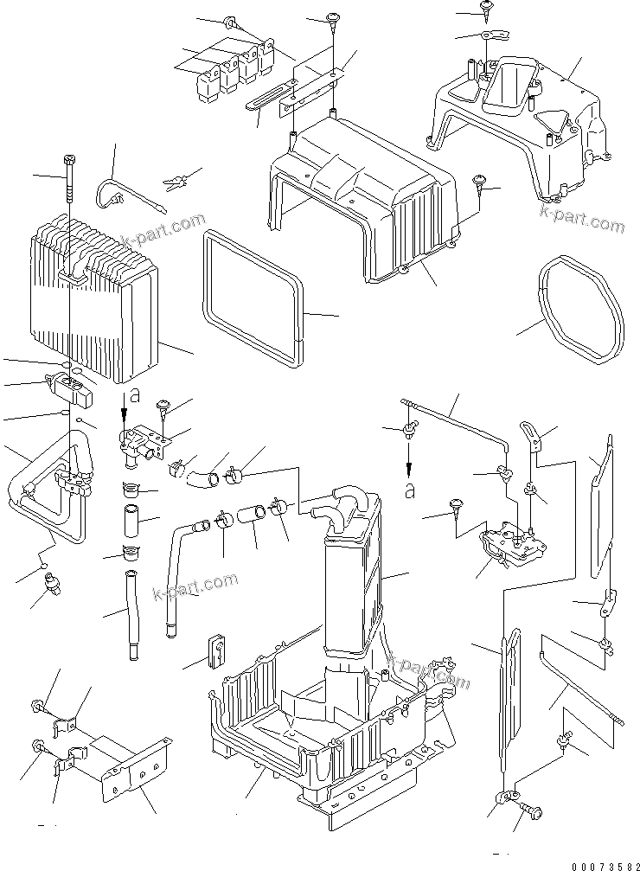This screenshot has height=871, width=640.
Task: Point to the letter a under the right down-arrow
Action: (x=410, y=490)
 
